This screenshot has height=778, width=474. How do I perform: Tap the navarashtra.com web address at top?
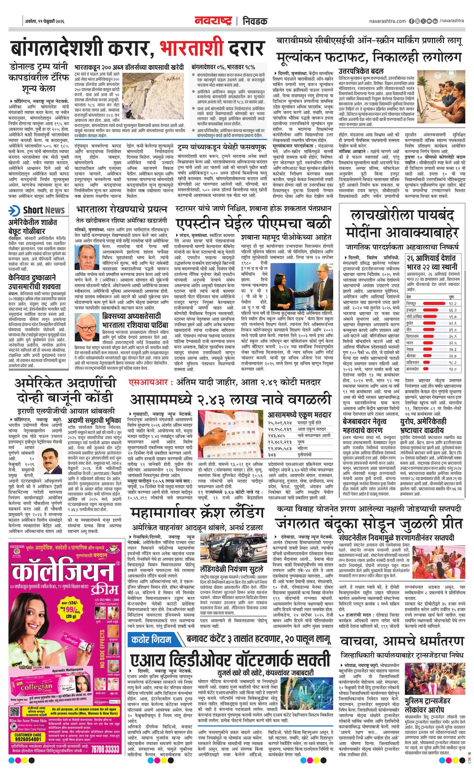click(387, 21)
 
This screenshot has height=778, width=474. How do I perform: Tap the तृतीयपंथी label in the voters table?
click(306, 455)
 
